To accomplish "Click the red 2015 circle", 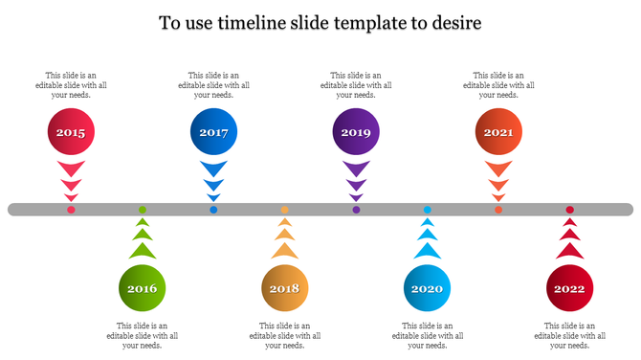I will click(x=71, y=133).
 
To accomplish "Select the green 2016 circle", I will click(x=142, y=287).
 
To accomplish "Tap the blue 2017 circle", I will click(x=213, y=133).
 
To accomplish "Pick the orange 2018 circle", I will click(x=284, y=287).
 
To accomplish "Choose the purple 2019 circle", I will click(x=356, y=133).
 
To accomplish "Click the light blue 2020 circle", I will click(x=427, y=287).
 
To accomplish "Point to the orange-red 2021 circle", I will click(x=498, y=133).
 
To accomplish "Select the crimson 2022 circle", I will click(x=569, y=287).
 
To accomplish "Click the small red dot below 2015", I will click(x=71, y=210).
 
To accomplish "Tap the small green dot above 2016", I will click(x=143, y=210).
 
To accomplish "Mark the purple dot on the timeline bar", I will click(x=356, y=210).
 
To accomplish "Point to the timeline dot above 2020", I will click(x=428, y=210).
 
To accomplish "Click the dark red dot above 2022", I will click(x=569, y=210).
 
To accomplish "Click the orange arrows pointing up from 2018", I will click(x=284, y=240).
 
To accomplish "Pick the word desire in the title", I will click(x=454, y=21).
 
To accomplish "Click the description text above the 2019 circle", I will click(x=356, y=85).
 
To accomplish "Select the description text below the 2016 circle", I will click(x=143, y=335).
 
